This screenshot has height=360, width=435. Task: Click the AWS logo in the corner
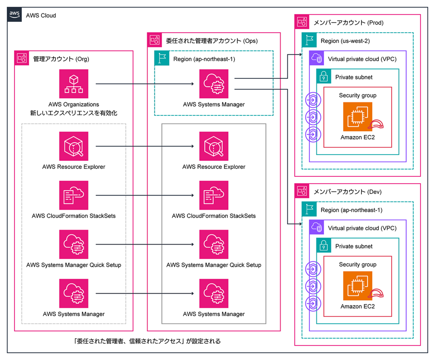[14, 14]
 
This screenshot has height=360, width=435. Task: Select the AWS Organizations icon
[74, 84]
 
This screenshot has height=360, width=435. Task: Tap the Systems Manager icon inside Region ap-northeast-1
[214, 84]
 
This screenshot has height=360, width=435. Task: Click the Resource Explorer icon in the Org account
[74, 146]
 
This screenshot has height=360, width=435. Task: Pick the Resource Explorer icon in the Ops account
[214, 146]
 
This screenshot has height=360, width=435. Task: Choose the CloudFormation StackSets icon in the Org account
[74, 195]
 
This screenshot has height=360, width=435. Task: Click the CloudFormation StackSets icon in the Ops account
[214, 195]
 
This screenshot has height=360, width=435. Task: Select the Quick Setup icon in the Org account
[74, 244]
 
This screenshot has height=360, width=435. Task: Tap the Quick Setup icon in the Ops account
[214, 244]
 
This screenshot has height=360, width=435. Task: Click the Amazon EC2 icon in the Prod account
[357, 117]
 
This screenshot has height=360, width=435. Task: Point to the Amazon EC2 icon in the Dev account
[357, 286]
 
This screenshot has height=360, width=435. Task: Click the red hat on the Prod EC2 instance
[376, 124]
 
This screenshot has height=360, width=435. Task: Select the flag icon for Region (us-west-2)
[309, 40]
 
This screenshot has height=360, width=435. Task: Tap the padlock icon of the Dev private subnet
[324, 245]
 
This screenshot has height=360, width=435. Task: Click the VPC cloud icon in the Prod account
[317, 58]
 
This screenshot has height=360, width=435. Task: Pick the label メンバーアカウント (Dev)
[348, 192]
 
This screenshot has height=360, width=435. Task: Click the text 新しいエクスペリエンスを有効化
[74, 113]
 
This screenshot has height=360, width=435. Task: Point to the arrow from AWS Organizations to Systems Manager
[145, 84]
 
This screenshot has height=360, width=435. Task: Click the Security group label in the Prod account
[357, 95]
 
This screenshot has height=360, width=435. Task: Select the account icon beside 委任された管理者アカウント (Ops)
[155, 40]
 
